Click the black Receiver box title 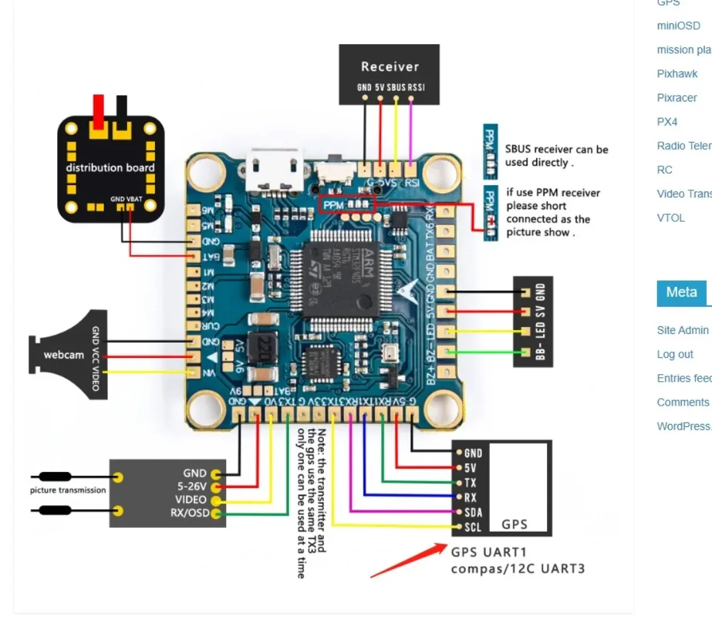pos(389,66)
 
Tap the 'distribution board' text pos(110,168)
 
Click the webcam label pos(64,355)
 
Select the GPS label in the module pos(514,524)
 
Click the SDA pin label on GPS pos(473,512)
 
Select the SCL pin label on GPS pos(473,527)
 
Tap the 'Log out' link pos(675,355)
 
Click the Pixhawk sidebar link pos(677,74)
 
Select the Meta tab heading pos(681,292)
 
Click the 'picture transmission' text pos(68,490)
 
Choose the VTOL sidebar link pos(670,218)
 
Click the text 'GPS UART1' pos(488,552)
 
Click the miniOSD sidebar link pos(678,26)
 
